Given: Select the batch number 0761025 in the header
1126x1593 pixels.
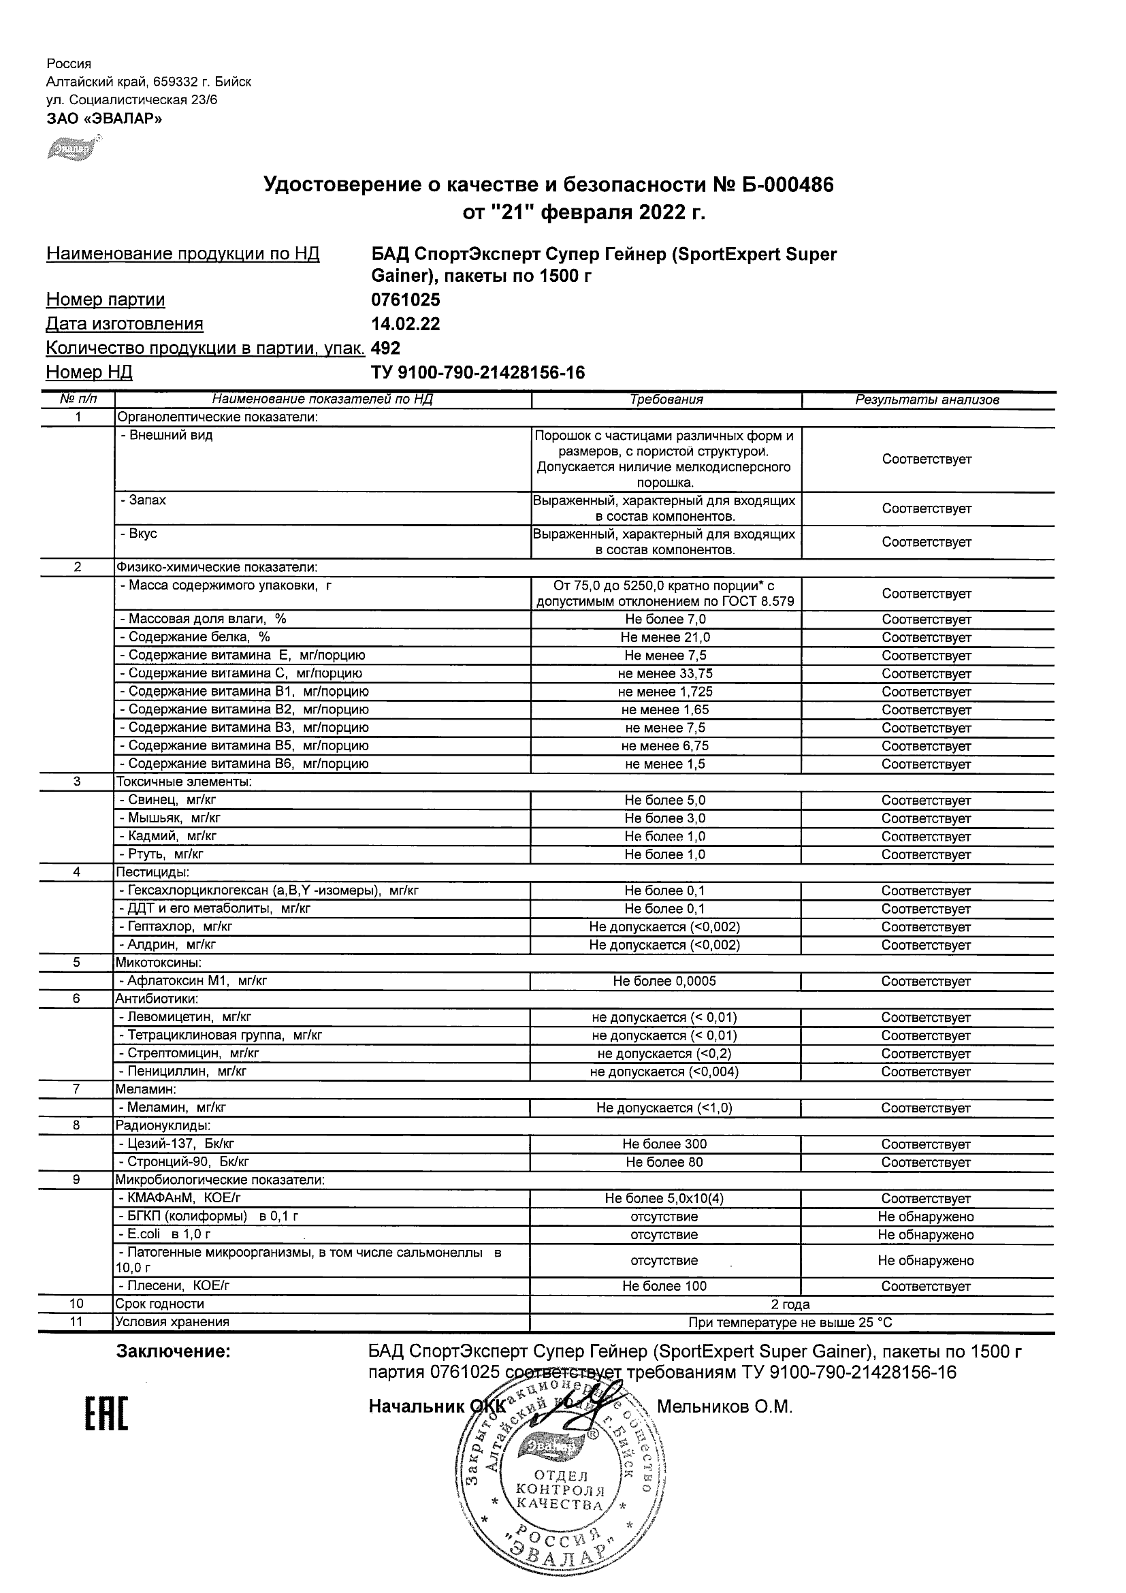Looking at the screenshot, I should tap(406, 300).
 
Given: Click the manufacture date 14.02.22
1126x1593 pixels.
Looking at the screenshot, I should tap(406, 325).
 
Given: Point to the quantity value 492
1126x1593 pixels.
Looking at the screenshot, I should tap(387, 349).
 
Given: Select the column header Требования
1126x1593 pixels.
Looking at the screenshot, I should tap(666, 400).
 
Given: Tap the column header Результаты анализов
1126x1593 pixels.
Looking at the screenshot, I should tap(927, 400).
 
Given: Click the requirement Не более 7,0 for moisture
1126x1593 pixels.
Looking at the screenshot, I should tap(664, 619).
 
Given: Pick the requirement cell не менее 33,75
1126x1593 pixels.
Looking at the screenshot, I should tap(664, 674).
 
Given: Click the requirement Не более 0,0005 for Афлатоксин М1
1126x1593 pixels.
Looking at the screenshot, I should tap(664, 981).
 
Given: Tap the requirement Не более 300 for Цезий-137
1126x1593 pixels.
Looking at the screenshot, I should tap(664, 1144).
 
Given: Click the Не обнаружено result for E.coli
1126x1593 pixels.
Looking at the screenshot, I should tap(925, 1235).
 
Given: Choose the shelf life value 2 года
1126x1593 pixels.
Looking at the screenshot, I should tap(790, 1304).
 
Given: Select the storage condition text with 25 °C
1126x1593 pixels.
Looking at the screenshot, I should tap(790, 1323).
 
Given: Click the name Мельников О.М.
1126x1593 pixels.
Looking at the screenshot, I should tap(724, 1407).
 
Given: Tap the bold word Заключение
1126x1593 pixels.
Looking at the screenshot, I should tap(174, 1351).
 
